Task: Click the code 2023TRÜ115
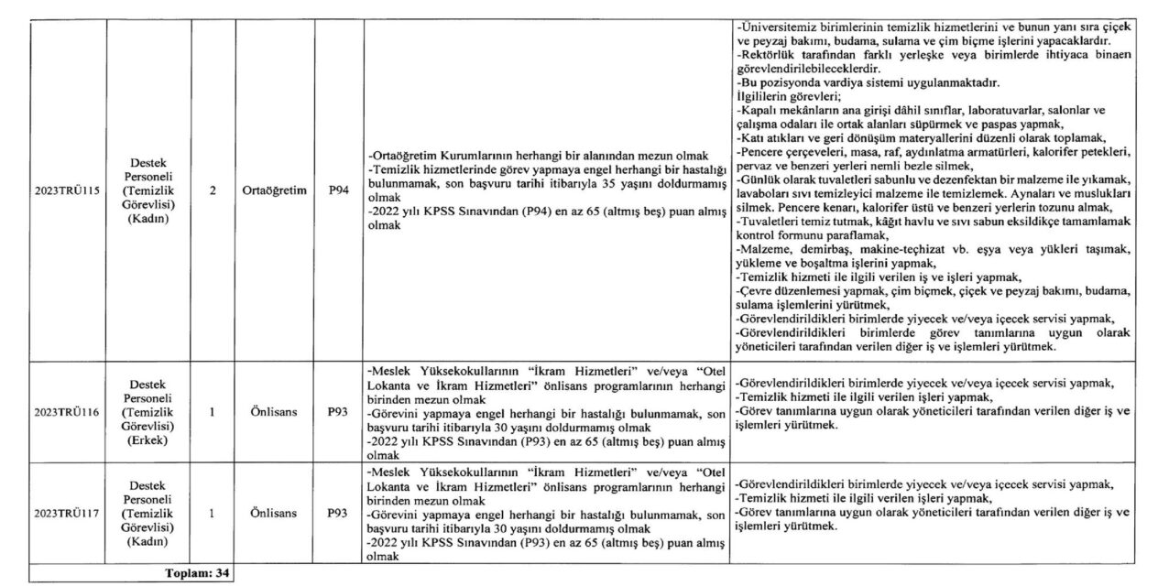[66, 193]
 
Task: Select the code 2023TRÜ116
[66, 413]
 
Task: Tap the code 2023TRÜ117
[66, 514]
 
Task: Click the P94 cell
[338, 193]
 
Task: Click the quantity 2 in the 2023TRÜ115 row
[212, 193]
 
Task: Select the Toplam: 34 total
[197, 574]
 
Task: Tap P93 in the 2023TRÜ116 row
[338, 413]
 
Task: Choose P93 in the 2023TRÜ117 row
[338, 514]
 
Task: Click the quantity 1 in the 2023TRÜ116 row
[212, 413]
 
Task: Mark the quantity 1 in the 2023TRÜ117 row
[212, 514]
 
